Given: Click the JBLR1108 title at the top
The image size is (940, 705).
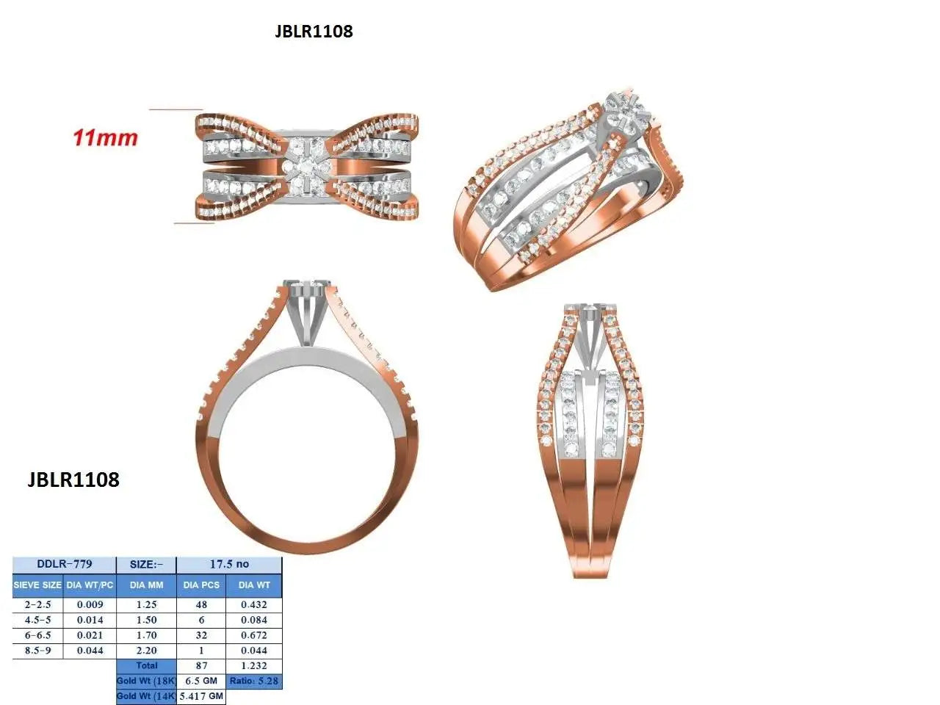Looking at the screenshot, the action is point(314,32).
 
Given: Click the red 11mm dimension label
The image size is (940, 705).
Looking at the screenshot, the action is point(105,138).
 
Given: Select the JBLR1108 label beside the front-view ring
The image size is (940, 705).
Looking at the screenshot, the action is point(73,480).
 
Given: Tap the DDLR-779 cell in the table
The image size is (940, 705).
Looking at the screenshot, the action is point(64,564).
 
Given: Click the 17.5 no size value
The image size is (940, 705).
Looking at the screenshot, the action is point(229,564).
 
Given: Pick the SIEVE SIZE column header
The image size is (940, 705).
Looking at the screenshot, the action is point(37,585).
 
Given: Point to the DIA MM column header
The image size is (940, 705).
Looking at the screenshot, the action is point(146,585).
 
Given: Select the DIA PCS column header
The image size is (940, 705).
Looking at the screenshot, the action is point(201,585).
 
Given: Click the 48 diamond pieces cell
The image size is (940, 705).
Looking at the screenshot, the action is point(201,604).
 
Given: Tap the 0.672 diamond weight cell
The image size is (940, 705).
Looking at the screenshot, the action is point(254,635).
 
